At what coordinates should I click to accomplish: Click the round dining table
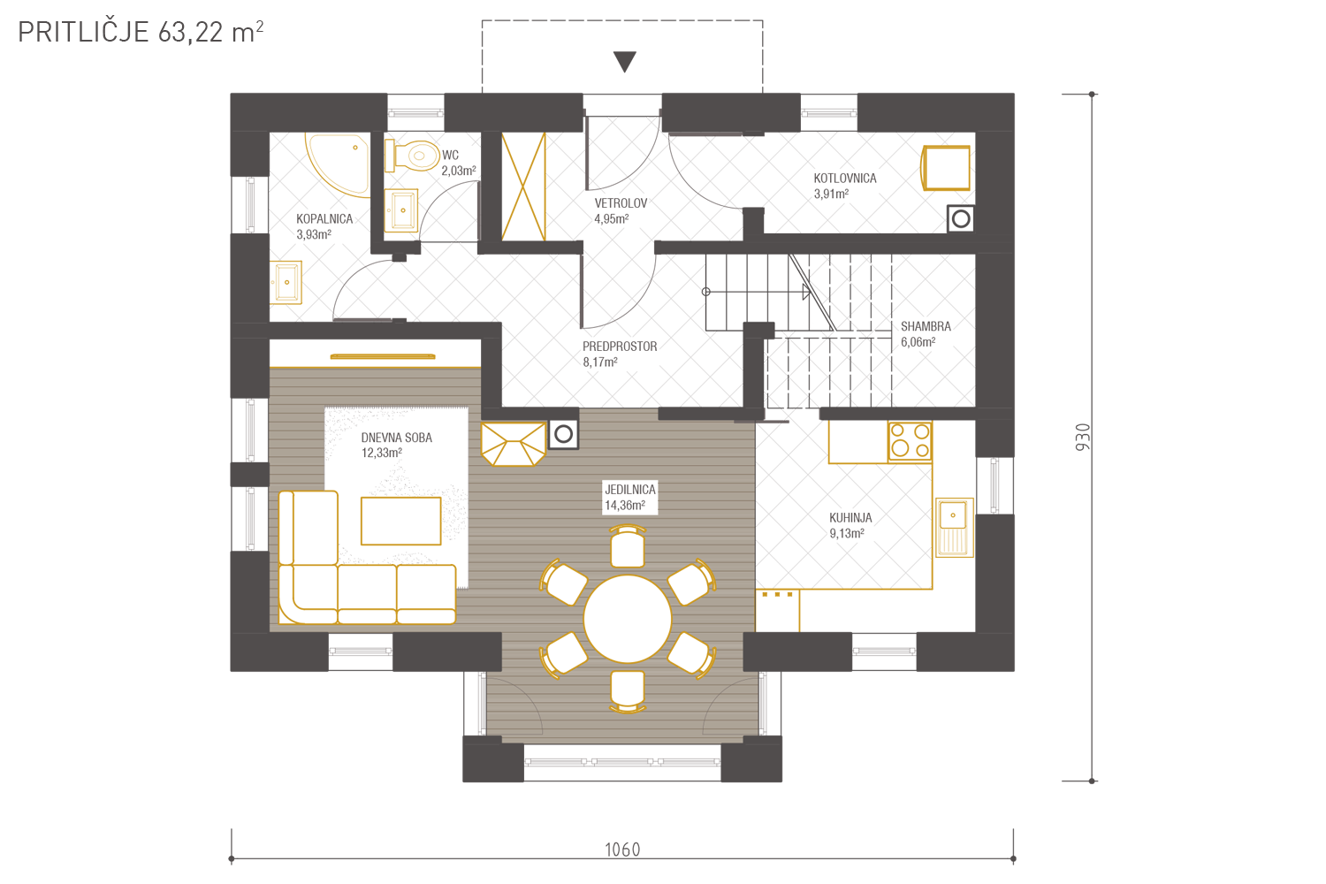coord(628,619)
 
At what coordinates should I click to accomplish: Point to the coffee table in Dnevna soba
coord(401,521)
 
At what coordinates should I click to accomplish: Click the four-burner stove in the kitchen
coord(910,441)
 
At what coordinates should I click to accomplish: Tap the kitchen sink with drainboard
coord(954,528)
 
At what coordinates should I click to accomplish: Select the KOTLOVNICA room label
coord(845,179)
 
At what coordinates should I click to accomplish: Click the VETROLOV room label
coord(621,203)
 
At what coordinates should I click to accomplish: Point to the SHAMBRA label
coord(926,326)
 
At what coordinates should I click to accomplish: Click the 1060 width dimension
coord(622,850)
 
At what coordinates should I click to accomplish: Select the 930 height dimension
coord(1083,437)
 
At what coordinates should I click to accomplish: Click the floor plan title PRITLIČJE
coord(83,31)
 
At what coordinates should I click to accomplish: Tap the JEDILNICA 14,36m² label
coord(630,498)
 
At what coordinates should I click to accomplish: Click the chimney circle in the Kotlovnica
coord(961,219)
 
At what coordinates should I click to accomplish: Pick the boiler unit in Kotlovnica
coord(945,168)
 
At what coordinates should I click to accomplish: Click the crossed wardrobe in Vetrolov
coord(523,187)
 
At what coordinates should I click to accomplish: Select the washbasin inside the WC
coord(401,210)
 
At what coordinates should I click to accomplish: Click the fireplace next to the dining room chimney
coord(514,444)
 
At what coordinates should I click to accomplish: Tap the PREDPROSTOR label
coord(620,347)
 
